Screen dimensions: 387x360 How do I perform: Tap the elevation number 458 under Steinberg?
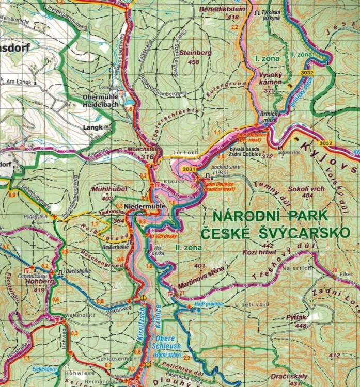point(194,62)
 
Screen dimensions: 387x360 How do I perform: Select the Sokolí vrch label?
point(307,189)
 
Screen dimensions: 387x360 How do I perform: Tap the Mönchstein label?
point(140,149)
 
